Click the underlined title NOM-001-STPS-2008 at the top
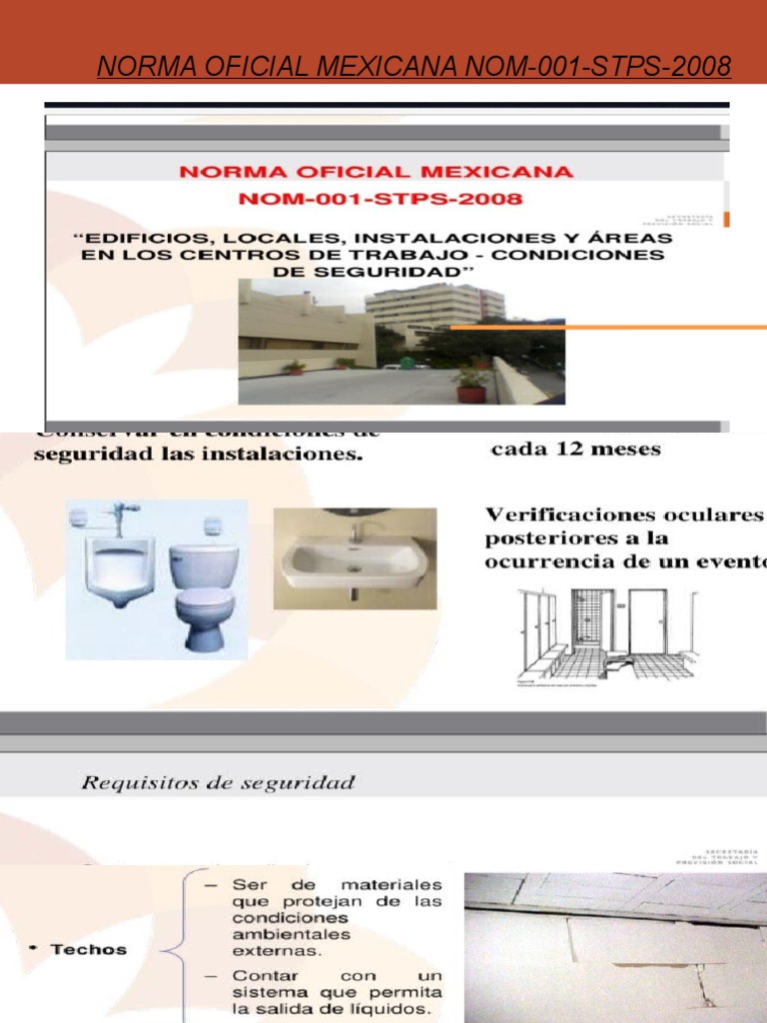point(413,67)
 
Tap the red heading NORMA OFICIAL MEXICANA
point(377,171)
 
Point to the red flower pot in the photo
point(470,392)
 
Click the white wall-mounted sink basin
point(354,562)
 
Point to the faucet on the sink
point(355,530)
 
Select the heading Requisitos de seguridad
point(218,782)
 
